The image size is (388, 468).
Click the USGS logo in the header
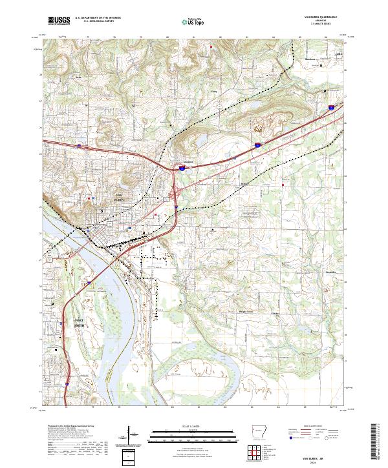pyautogui.click(x=58, y=21)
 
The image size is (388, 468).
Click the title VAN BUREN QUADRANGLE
pyautogui.click(x=319, y=17)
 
